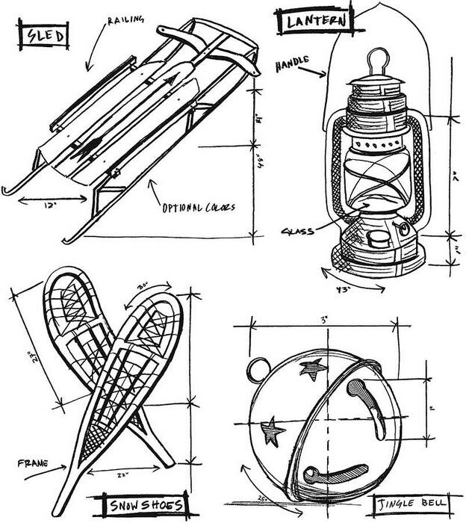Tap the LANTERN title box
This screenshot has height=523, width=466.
(x=314, y=21)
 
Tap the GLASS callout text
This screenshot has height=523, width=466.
(x=297, y=231)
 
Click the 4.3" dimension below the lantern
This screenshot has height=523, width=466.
(x=344, y=288)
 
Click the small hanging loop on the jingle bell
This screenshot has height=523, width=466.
(x=258, y=367)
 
